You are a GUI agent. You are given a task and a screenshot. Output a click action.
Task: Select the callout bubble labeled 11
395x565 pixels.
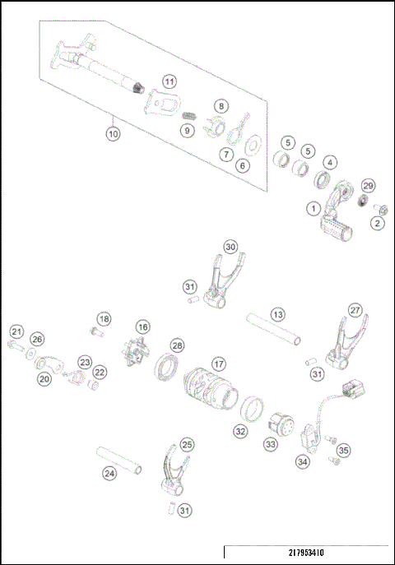[169, 81]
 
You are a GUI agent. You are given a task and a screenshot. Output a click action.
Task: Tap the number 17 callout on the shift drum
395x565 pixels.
[218, 363]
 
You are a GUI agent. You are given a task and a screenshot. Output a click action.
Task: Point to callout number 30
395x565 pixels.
[231, 247]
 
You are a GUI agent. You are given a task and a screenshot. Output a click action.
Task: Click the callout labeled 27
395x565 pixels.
[355, 310]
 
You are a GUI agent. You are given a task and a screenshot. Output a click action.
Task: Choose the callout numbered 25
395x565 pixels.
[188, 444]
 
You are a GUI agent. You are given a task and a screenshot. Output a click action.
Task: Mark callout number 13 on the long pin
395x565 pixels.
[278, 314]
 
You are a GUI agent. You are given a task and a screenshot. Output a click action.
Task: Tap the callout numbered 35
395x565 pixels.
[343, 450]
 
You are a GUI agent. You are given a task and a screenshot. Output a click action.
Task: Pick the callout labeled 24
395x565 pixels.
[109, 473]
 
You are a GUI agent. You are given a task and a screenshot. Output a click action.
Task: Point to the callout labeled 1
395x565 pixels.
[314, 209]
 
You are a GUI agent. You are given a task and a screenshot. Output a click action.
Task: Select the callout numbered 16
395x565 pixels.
[143, 326]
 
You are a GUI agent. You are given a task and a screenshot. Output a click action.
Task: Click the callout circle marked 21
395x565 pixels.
[16, 331]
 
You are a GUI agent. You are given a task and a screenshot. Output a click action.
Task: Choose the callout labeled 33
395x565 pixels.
[271, 444]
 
